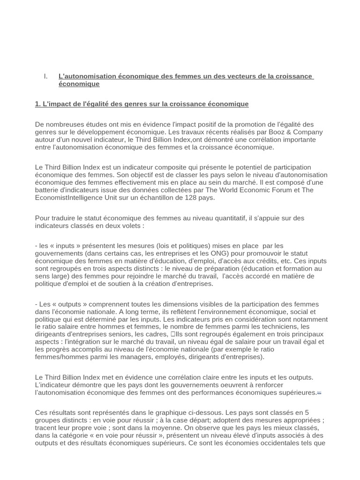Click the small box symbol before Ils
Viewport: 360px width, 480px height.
click(173, 334)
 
